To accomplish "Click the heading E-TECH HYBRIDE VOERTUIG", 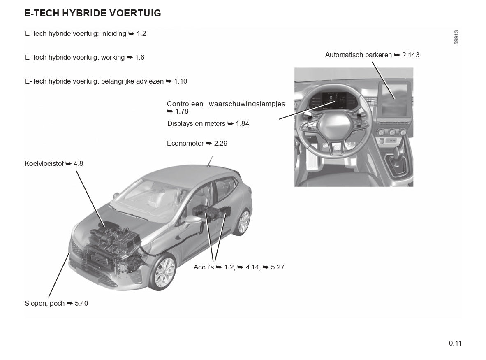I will pyautogui.click(x=93, y=13).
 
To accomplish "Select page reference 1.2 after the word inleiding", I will pyautogui.click(x=141, y=34).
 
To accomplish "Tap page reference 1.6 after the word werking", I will pyautogui.click(x=140, y=58).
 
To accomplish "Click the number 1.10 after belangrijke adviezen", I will pyautogui.click(x=181, y=81).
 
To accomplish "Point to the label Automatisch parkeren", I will pyautogui.click(x=358, y=55).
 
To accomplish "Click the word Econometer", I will pyautogui.click(x=185, y=144).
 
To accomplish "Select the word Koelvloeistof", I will pyautogui.click(x=44, y=164).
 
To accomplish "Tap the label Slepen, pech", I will pyautogui.click(x=44, y=304).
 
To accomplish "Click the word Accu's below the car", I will pyautogui.click(x=204, y=267).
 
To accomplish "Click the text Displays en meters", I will pyautogui.click(x=196, y=123).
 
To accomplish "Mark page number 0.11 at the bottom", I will pyautogui.click(x=455, y=343).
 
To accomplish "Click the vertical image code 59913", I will pyautogui.click(x=456, y=38).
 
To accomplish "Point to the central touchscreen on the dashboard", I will pyautogui.click(x=393, y=98).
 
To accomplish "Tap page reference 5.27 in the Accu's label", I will pyautogui.click(x=278, y=267).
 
